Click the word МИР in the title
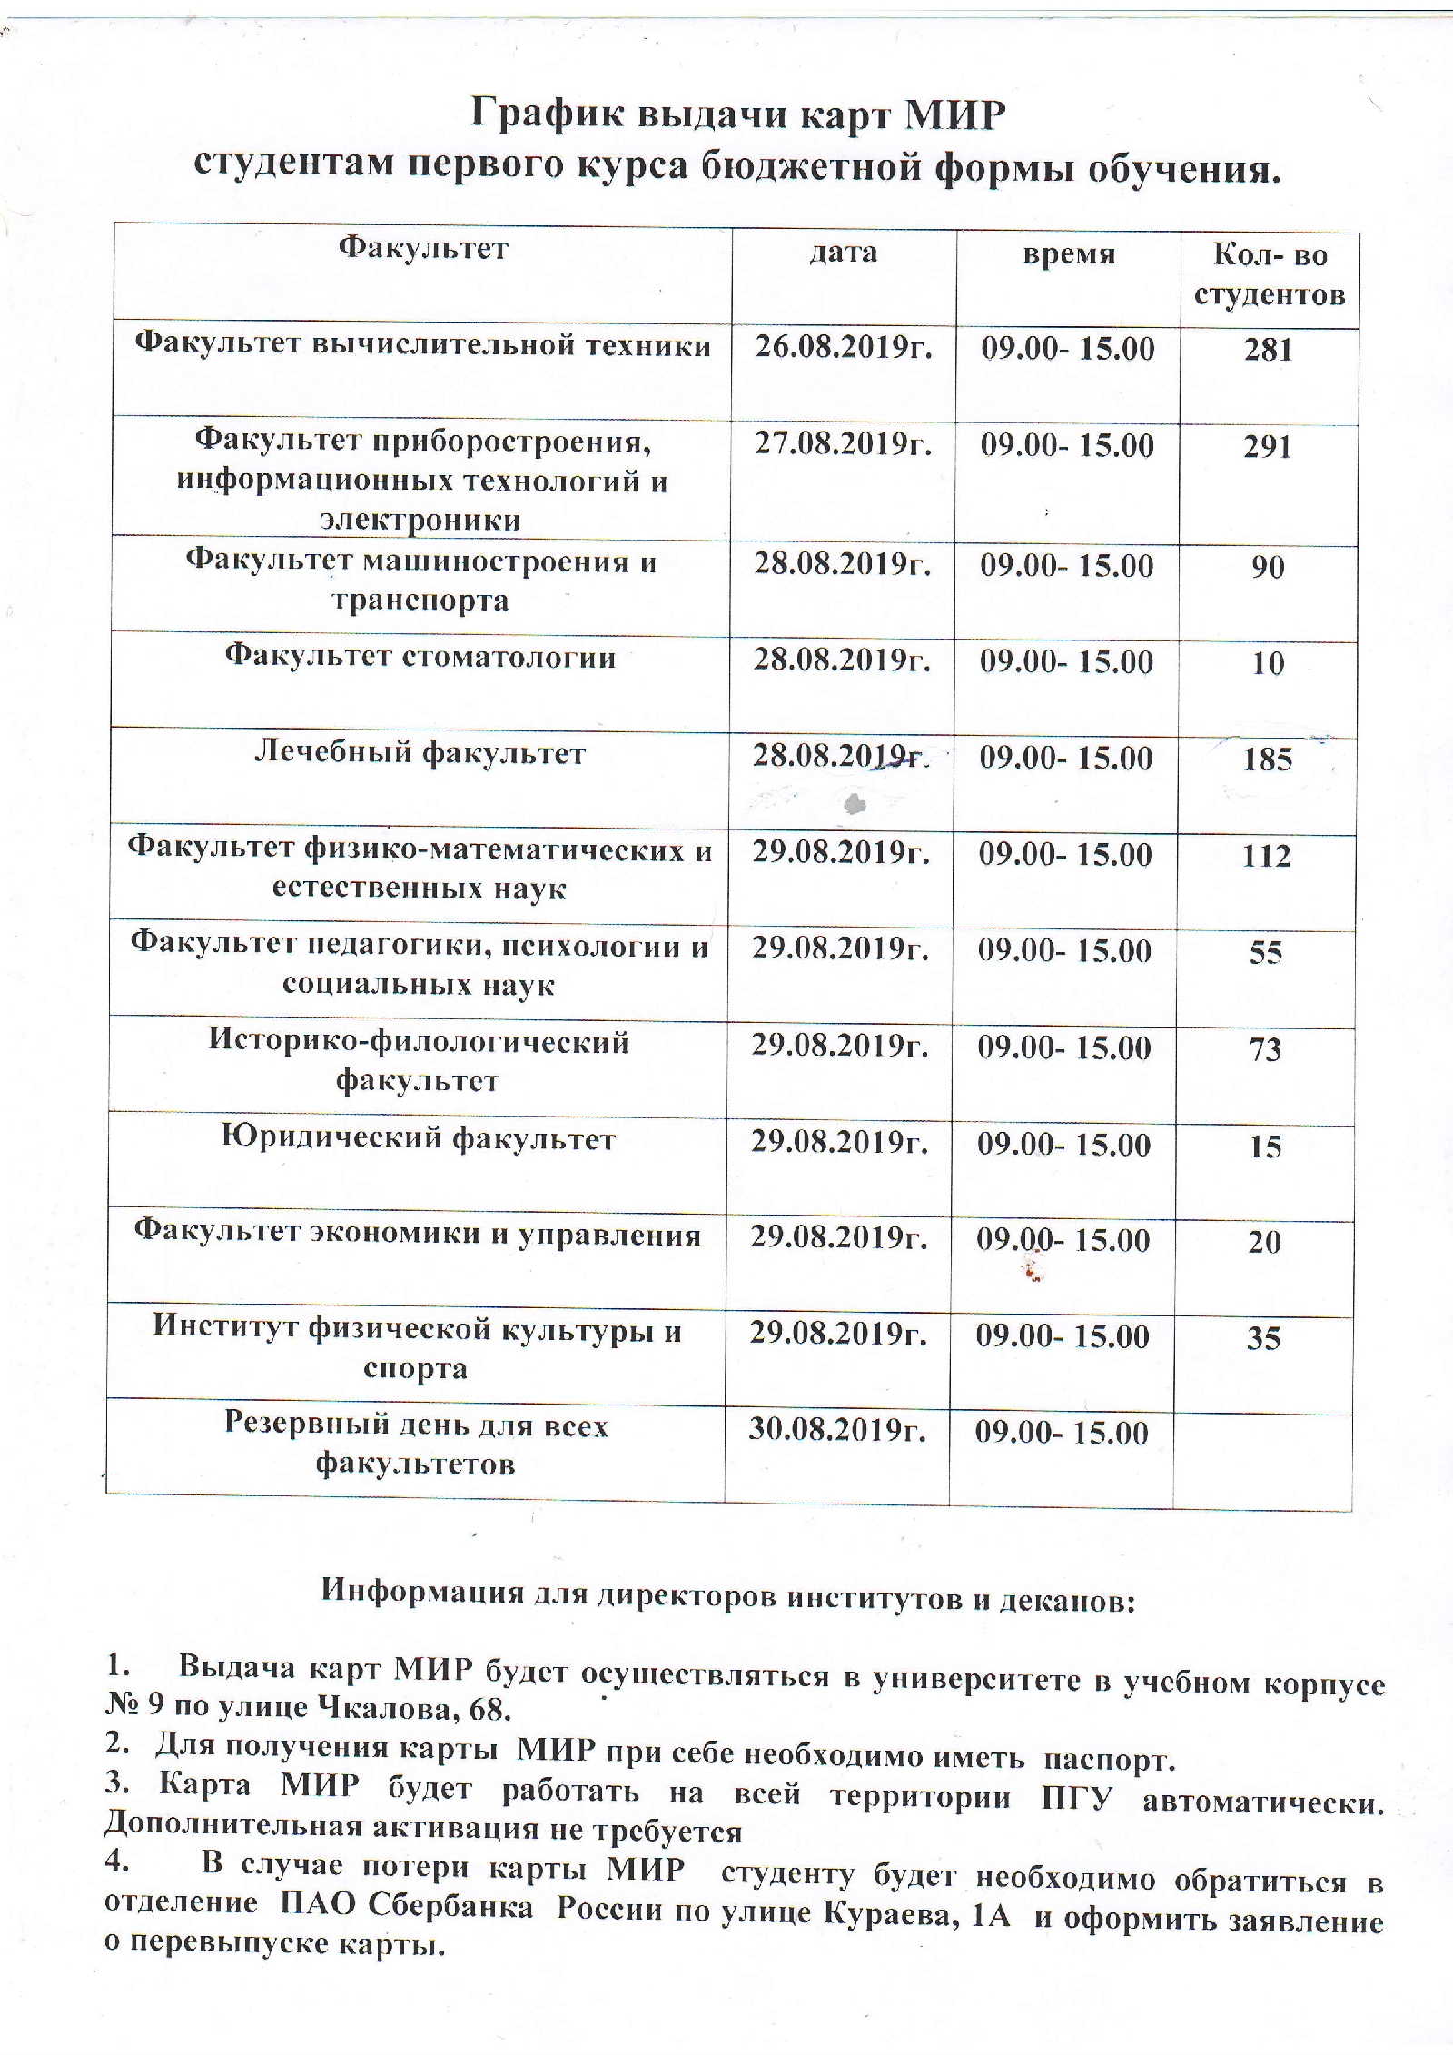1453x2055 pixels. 954,115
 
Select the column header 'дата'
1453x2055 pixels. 844,252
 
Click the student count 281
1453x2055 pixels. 1269,350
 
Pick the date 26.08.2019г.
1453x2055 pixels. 844,347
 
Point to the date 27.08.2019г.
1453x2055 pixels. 843,443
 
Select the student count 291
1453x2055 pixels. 1268,446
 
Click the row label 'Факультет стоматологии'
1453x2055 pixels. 420,656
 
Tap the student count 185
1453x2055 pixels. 1267,759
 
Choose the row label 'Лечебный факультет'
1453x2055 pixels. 420,752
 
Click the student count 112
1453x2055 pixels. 1266,856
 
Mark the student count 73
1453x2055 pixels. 1265,1049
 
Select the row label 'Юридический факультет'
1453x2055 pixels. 419,1137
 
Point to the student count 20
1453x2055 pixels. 1264,1242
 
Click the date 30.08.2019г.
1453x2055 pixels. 837,1430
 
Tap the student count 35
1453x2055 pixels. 1263,1338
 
